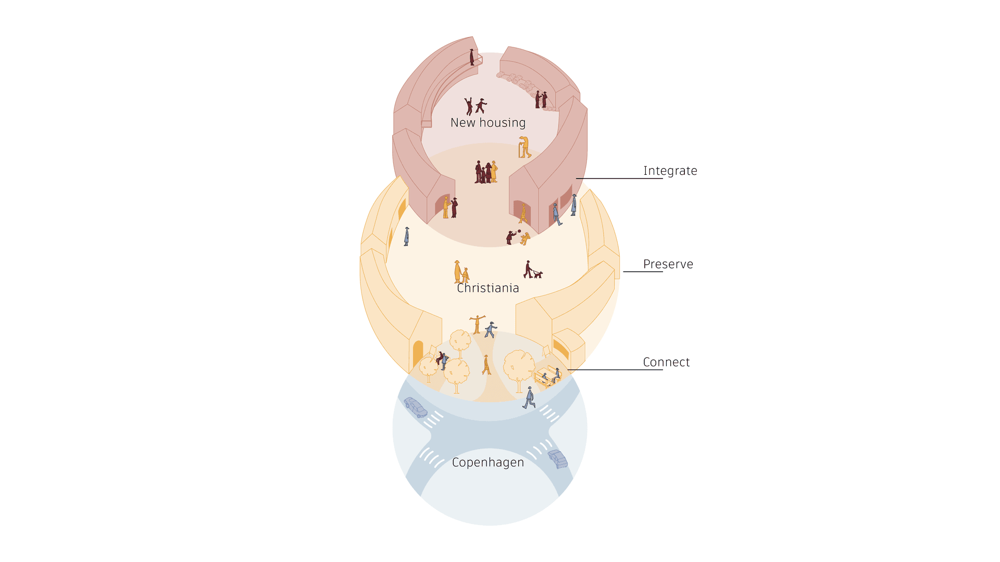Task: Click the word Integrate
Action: click(670, 171)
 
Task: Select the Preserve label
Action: click(668, 264)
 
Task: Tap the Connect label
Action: click(666, 362)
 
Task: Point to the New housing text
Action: click(488, 123)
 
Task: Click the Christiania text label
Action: click(488, 288)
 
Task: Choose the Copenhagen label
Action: click(488, 463)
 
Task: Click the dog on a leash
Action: click(538, 274)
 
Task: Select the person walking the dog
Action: click(528, 270)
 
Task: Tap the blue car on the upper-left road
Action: click(416, 407)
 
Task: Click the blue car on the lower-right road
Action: click(558, 459)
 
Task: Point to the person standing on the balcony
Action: click(472, 57)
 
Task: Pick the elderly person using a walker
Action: click(524, 147)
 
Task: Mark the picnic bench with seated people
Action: click(547, 376)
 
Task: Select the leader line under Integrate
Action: click(619, 178)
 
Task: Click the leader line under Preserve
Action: click(643, 272)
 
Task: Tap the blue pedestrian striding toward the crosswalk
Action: click(529, 398)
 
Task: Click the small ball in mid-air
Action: click(519, 231)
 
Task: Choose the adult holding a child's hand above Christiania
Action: click(457, 272)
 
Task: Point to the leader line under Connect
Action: click(615, 370)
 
